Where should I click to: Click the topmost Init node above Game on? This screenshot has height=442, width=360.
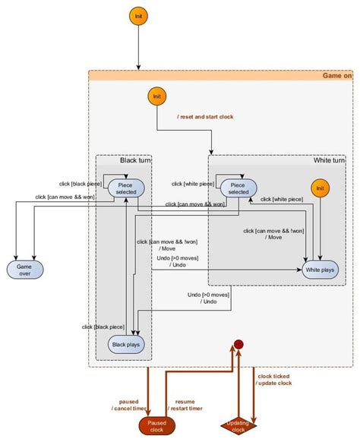(137, 16)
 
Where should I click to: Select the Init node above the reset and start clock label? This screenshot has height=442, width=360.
(157, 96)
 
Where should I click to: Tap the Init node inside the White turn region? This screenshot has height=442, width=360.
(321, 188)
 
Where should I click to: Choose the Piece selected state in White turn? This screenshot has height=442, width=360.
(238, 188)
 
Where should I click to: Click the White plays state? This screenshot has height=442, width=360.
(320, 270)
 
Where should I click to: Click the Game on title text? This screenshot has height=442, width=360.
(337, 76)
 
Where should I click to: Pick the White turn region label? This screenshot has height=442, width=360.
(329, 160)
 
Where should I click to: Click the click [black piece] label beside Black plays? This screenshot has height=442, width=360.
(103, 327)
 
